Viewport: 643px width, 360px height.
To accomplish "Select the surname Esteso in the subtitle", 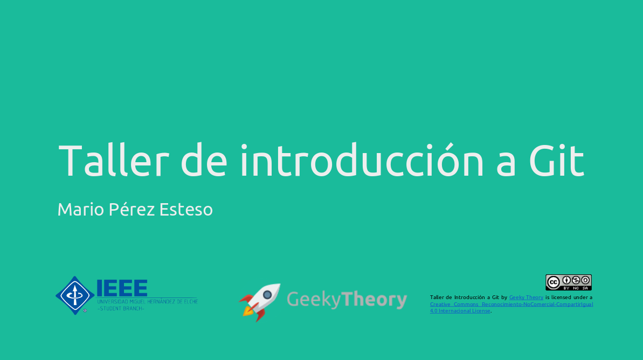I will tap(186, 209).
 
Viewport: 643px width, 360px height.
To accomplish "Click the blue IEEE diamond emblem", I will tap(75, 295).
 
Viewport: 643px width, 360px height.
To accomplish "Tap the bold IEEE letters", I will tap(122, 288).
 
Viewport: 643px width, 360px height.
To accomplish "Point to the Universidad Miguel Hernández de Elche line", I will tap(147, 302).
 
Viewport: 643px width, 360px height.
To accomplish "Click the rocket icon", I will tap(260, 301).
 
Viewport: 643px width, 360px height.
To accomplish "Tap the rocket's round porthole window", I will tap(267, 295).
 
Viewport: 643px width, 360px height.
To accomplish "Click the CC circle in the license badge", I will tap(553, 282).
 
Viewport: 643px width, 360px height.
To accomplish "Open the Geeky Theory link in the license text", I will tap(526, 297).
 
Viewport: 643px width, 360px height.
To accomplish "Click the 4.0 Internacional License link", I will tap(460, 311).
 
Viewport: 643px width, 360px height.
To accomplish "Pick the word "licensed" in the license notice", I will tap(565, 297).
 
